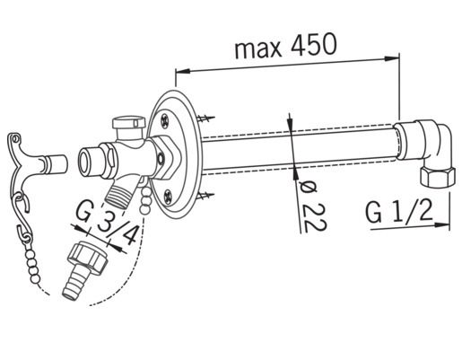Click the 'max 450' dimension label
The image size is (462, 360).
point(285,47)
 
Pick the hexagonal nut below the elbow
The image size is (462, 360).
point(437,177)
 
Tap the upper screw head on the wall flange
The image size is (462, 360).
point(165,120)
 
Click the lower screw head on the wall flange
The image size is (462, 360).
point(169,197)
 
